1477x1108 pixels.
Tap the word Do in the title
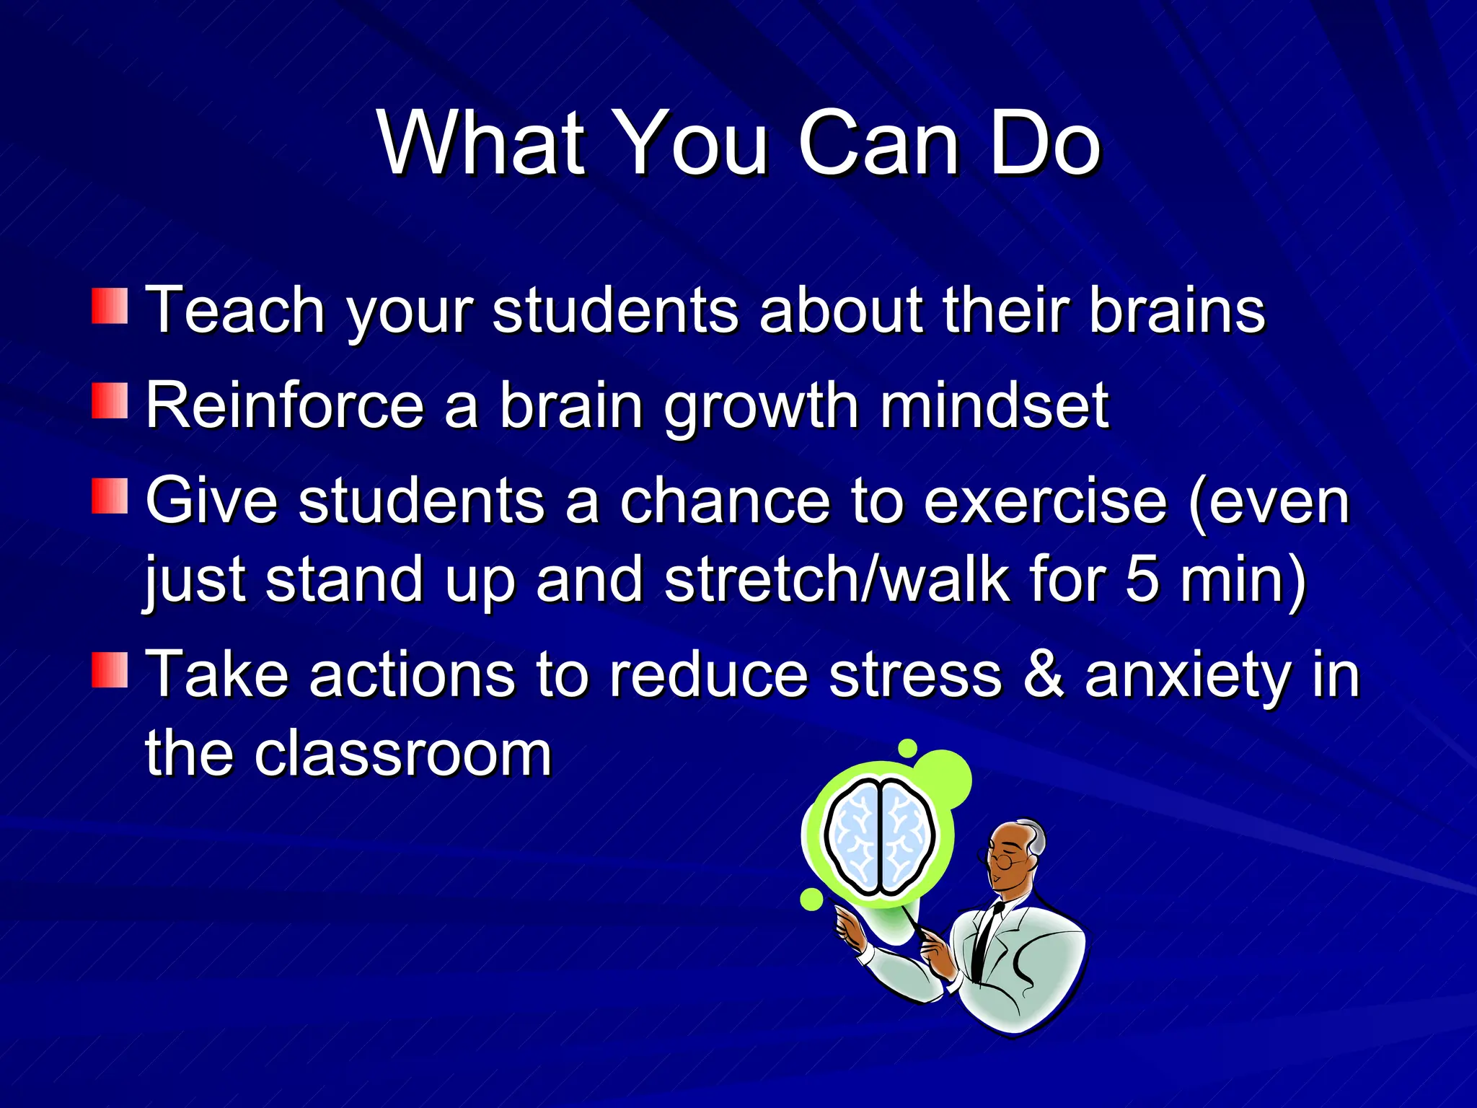point(1046,144)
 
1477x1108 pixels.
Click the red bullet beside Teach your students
point(110,306)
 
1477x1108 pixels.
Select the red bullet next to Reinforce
point(110,401)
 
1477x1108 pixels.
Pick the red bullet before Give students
point(110,496)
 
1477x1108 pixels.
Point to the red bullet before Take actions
point(110,670)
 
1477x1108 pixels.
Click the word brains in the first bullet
point(1177,309)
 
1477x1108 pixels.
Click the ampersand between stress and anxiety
point(1043,674)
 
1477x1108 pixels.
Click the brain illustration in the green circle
point(879,837)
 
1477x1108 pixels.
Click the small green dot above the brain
point(908,748)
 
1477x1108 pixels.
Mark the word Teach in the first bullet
point(235,309)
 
